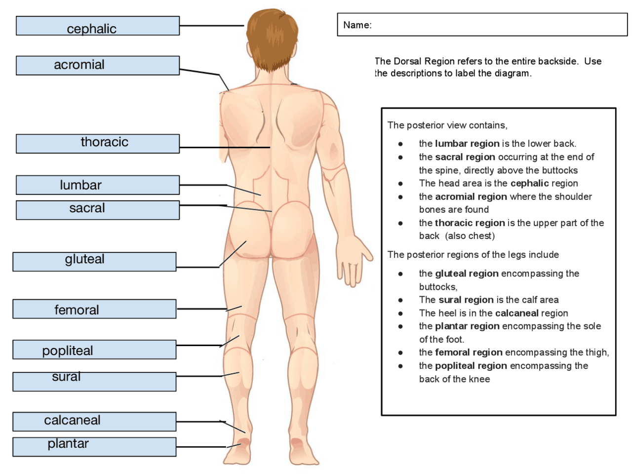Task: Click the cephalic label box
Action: [x=97, y=26]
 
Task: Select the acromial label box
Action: [x=97, y=65]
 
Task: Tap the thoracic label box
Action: [x=97, y=143]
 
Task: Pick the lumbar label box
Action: [x=97, y=185]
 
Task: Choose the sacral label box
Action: [x=97, y=209]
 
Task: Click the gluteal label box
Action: [x=94, y=262]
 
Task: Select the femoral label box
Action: [x=94, y=309]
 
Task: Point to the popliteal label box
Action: [x=94, y=350]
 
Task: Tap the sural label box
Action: [x=94, y=381]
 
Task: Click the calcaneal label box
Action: [x=94, y=421]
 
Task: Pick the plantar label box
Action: [x=94, y=446]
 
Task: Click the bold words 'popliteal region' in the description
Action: [x=471, y=366]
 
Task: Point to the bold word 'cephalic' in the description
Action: [x=530, y=183]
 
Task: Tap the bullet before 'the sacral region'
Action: [x=400, y=157]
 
